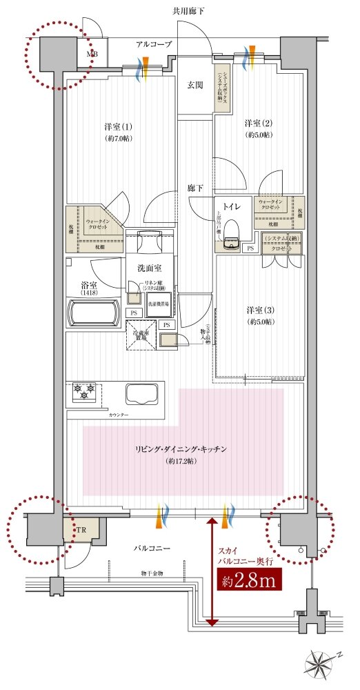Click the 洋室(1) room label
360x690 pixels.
click(x=118, y=127)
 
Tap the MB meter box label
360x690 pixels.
click(x=91, y=52)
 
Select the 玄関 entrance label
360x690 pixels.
click(x=195, y=86)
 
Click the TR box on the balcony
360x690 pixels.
click(x=81, y=531)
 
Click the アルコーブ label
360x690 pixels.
click(x=153, y=44)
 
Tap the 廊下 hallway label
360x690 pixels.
click(x=195, y=188)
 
